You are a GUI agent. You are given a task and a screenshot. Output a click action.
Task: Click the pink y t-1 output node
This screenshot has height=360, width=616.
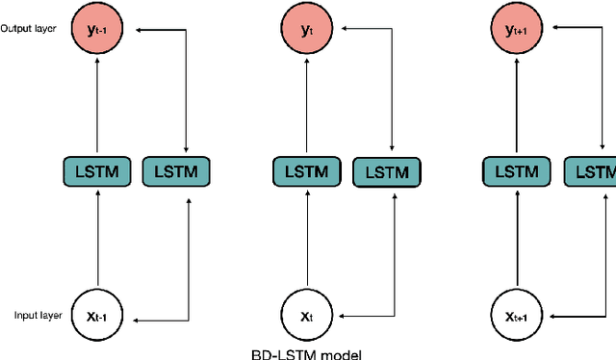(96, 31)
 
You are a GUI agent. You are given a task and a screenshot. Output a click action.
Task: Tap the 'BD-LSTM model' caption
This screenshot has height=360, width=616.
(307, 353)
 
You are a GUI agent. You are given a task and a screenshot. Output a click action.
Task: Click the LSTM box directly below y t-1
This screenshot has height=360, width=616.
(97, 172)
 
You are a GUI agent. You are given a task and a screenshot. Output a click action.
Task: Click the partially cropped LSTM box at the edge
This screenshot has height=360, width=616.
(600, 172)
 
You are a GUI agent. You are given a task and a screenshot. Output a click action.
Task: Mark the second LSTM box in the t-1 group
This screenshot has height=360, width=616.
(175, 172)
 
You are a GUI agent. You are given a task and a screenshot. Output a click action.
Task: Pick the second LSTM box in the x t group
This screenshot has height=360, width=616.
(386, 172)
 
